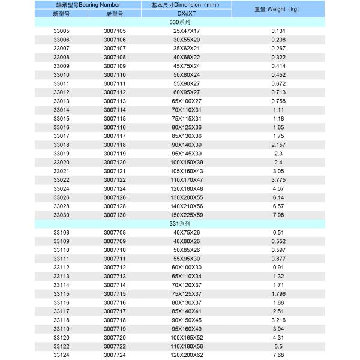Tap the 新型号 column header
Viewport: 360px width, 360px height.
(62, 13)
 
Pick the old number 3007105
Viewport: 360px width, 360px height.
(115, 31)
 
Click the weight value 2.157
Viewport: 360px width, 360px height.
(278, 145)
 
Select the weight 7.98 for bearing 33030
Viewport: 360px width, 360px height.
(278, 215)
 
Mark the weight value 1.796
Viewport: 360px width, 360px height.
(278, 293)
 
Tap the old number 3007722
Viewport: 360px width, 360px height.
(115, 346)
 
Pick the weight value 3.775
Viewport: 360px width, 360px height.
(278, 179)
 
